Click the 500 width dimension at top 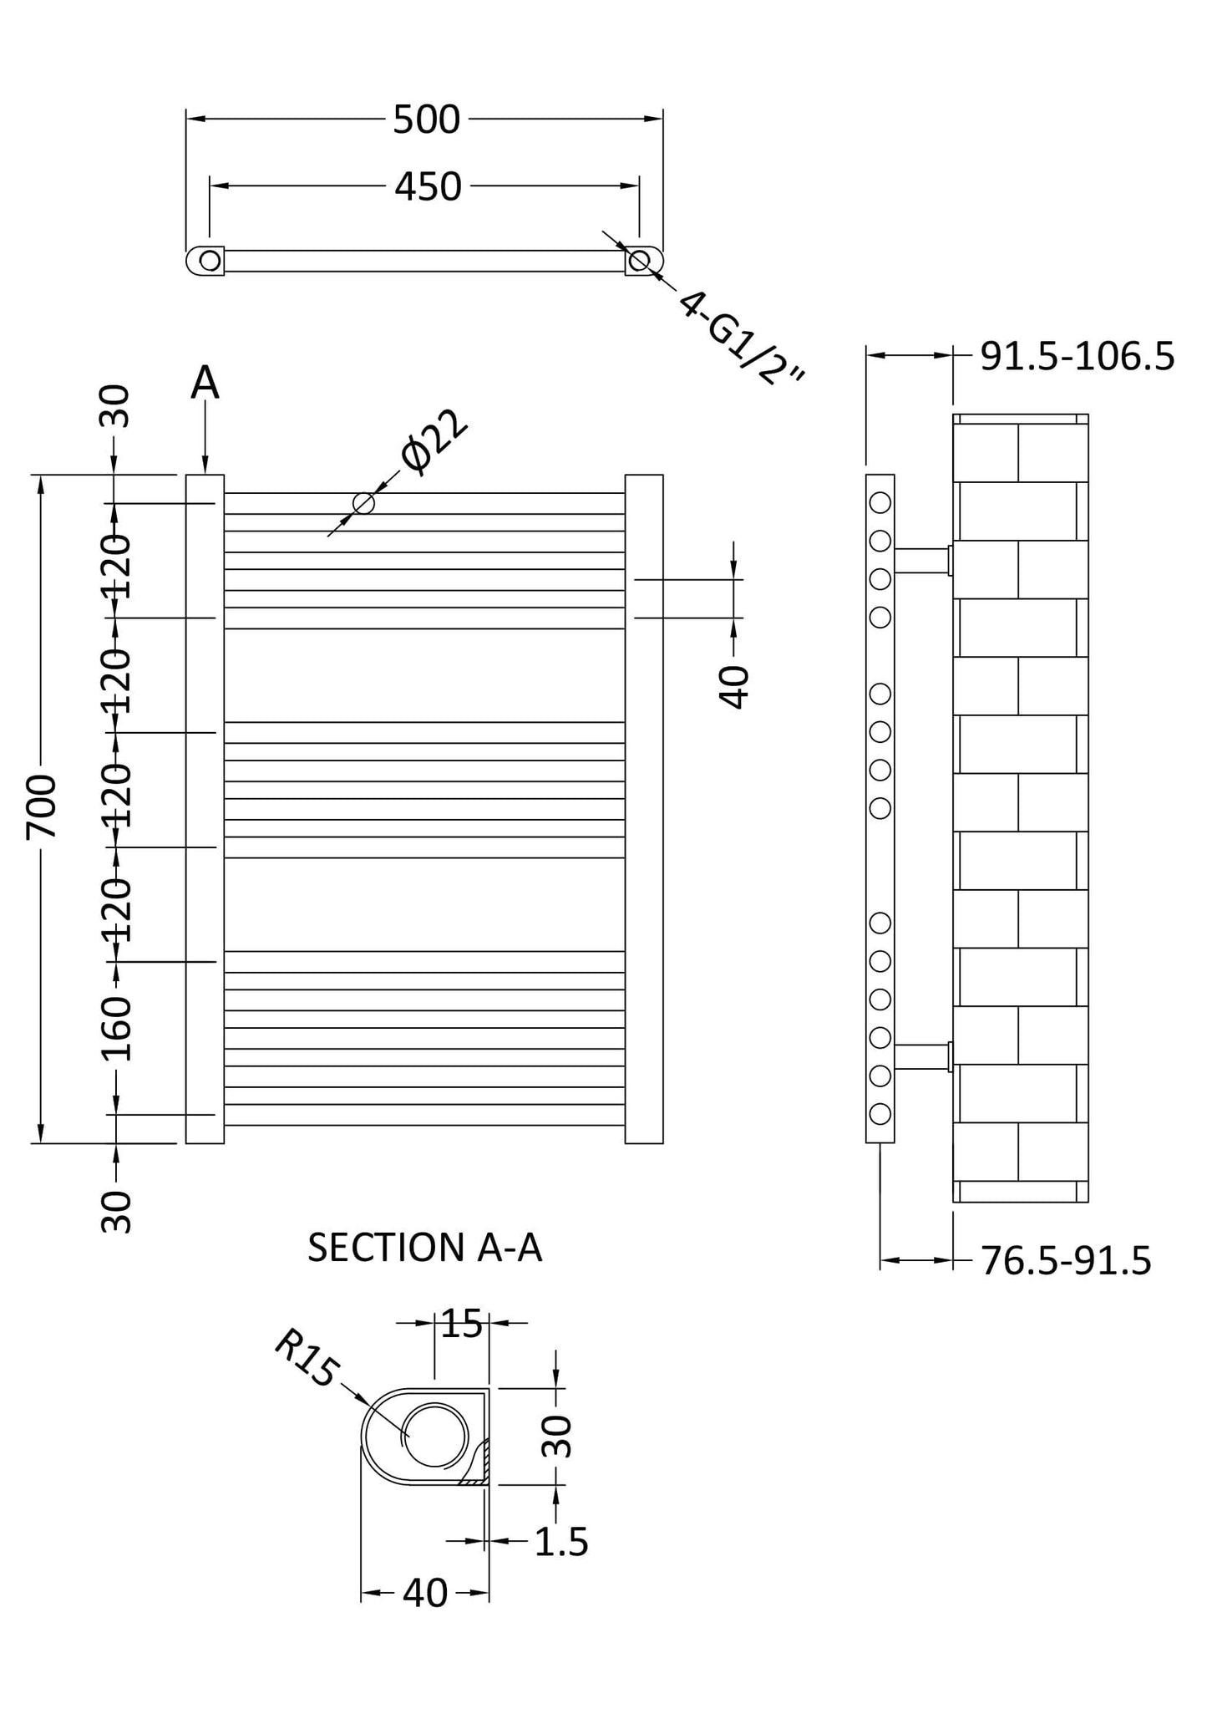(426, 120)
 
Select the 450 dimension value (427, 187)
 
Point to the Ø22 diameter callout (434, 444)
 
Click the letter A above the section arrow (205, 384)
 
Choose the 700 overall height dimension (43, 807)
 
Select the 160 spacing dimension (118, 1029)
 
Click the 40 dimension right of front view (734, 687)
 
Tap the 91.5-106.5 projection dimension (1077, 357)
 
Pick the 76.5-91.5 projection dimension (1066, 1261)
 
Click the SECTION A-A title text (424, 1248)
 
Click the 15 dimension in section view (461, 1324)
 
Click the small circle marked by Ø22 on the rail (363, 503)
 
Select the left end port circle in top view (210, 261)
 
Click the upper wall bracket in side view (922, 560)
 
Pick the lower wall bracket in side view (922, 1056)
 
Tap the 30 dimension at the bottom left (118, 1213)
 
